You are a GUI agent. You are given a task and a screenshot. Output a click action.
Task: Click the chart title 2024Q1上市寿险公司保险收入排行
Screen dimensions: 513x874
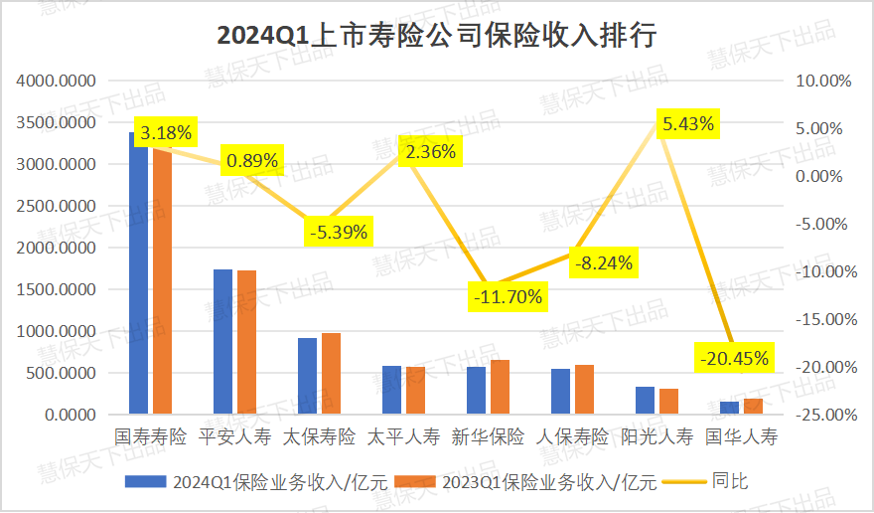click(x=437, y=36)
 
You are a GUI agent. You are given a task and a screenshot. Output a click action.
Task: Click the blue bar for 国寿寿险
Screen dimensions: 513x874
click(x=138, y=273)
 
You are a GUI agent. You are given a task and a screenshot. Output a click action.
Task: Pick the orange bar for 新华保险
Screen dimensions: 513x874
click(x=500, y=387)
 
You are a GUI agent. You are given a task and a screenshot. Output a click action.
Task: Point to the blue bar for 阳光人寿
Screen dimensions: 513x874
click(x=645, y=401)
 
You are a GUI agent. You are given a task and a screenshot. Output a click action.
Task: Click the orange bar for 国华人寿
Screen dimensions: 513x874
click(x=753, y=406)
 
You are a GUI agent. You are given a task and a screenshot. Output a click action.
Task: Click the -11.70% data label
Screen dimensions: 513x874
click(x=508, y=296)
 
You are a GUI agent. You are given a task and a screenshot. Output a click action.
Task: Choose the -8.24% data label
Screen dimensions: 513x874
click(x=602, y=263)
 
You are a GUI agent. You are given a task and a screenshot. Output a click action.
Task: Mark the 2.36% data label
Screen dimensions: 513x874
click(x=430, y=152)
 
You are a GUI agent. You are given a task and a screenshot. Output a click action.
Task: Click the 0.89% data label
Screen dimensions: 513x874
click(x=252, y=160)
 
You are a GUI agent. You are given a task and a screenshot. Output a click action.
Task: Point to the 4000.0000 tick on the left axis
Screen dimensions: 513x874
click(x=56, y=81)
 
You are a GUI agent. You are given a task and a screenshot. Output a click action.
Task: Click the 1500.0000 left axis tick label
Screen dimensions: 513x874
click(x=56, y=289)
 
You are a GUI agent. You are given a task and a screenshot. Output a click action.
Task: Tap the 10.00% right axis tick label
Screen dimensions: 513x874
click(x=814, y=81)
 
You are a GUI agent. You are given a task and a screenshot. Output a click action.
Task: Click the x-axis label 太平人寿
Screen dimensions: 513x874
click(x=403, y=436)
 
